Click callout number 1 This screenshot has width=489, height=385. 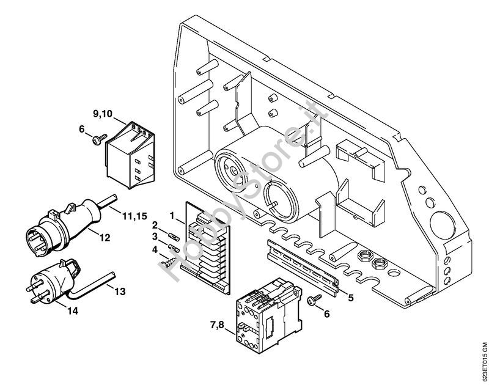172,215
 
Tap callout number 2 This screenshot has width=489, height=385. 155,224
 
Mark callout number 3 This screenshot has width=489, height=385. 155,236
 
